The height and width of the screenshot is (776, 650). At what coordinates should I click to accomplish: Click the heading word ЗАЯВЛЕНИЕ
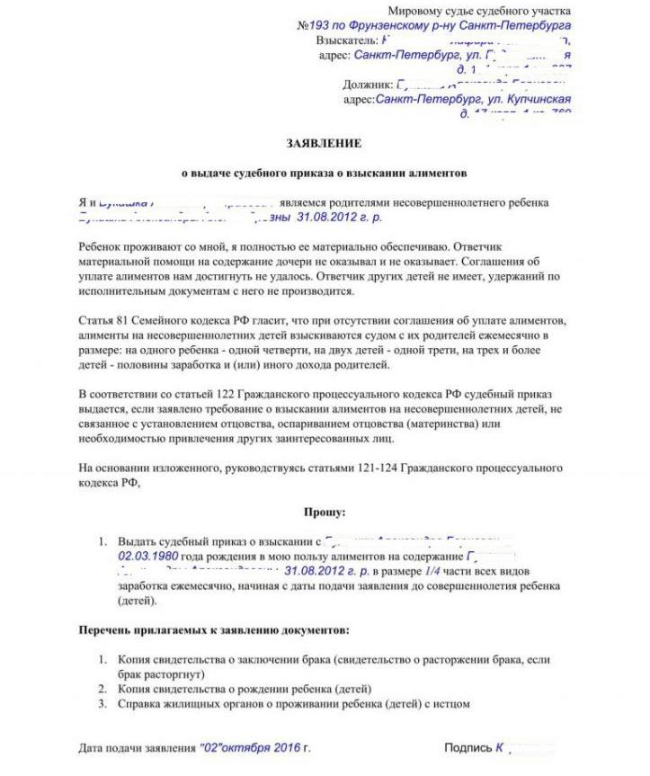pos(324,144)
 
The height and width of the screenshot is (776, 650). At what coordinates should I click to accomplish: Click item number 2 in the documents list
pos(104,689)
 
